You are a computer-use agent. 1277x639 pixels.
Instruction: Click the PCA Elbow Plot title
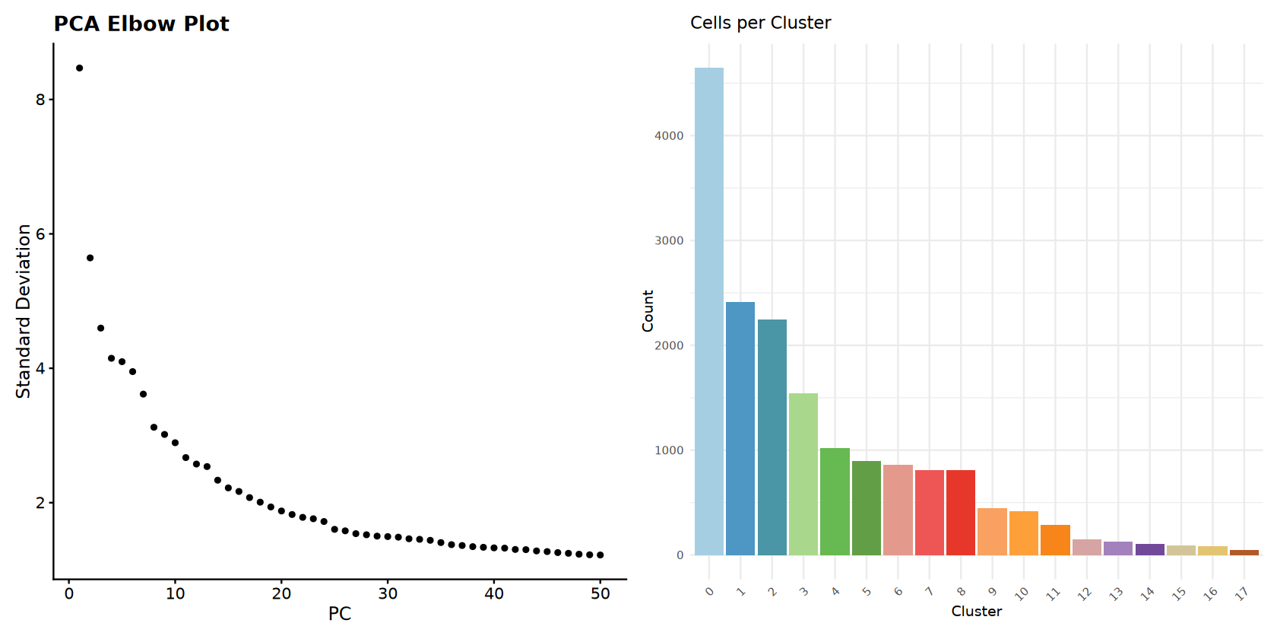pyautogui.click(x=141, y=24)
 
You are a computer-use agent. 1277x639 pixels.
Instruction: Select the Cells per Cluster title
pyautogui.click(x=760, y=23)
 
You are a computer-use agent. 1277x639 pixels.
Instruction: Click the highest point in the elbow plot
pyautogui.click(x=79, y=68)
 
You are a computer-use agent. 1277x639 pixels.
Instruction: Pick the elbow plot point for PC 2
pyautogui.click(x=90, y=258)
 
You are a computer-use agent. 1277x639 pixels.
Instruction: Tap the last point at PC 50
pyautogui.click(x=600, y=555)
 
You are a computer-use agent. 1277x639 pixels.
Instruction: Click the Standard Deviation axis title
pyautogui.click(x=24, y=311)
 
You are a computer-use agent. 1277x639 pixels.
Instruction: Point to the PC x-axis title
pyautogui.click(x=340, y=613)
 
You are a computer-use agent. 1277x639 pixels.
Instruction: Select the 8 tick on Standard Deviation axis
pyautogui.click(x=40, y=100)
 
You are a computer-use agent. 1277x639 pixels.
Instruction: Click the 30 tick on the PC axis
pyautogui.click(x=388, y=593)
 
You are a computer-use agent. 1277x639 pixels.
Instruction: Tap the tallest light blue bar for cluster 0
pyautogui.click(x=709, y=312)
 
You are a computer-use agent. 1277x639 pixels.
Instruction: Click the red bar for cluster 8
pyautogui.click(x=961, y=513)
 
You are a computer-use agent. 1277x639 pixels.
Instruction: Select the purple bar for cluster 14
pyautogui.click(x=1150, y=549)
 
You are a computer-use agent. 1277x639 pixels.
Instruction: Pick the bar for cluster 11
pyautogui.click(x=1055, y=540)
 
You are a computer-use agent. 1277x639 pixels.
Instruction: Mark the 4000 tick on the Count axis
pyautogui.click(x=669, y=136)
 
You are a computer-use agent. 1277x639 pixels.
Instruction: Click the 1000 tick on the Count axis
pyautogui.click(x=669, y=450)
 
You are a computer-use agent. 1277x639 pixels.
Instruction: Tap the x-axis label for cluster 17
pyautogui.click(x=1242, y=593)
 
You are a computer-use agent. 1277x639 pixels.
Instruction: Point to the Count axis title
pyautogui.click(x=648, y=310)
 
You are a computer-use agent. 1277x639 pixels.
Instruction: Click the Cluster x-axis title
pyautogui.click(x=976, y=611)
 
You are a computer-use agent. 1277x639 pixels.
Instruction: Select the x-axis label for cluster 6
pyautogui.click(x=898, y=591)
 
